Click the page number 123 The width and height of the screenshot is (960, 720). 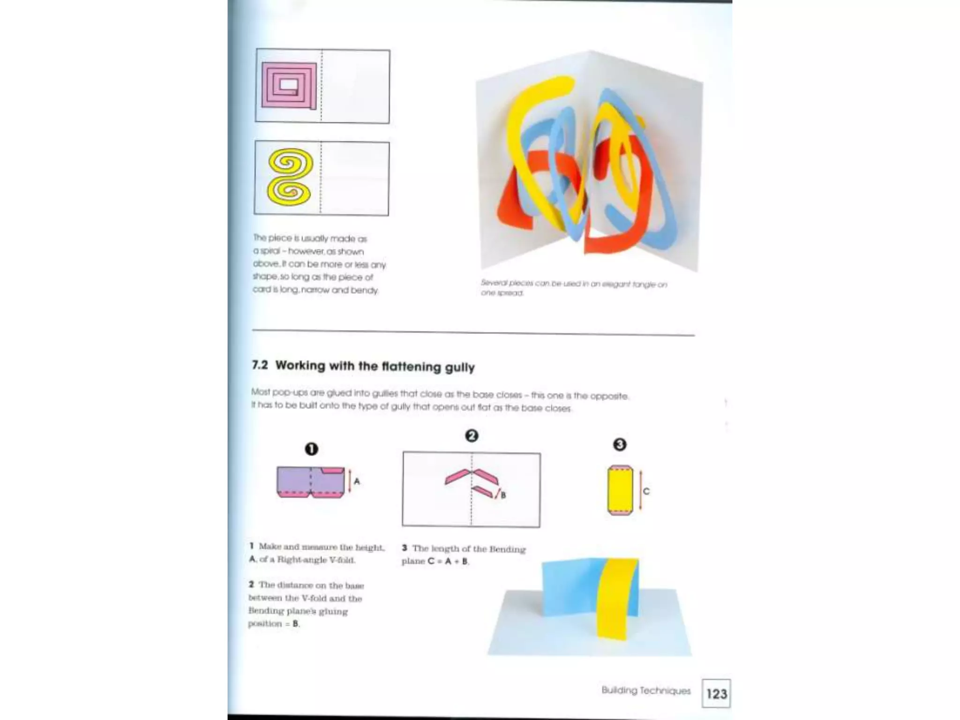point(716,693)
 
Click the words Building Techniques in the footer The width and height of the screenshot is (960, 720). point(646,690)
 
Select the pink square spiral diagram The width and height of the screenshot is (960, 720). point(289,85)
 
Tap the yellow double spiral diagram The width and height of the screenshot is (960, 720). point(290,177)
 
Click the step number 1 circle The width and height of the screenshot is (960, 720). point(311,449)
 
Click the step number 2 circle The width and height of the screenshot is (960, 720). point(472,436)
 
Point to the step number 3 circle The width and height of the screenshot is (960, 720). point(620,444)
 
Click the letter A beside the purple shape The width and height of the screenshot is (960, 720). point(357,481)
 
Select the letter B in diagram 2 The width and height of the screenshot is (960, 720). point(503,495)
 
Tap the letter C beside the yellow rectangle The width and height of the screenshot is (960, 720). point(646,491)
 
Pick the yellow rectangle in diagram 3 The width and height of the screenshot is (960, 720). point(620,490)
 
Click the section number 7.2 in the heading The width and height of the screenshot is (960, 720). point(260,365)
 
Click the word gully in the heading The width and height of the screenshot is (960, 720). point(460,367)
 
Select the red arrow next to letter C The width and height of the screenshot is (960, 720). point(640,491)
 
